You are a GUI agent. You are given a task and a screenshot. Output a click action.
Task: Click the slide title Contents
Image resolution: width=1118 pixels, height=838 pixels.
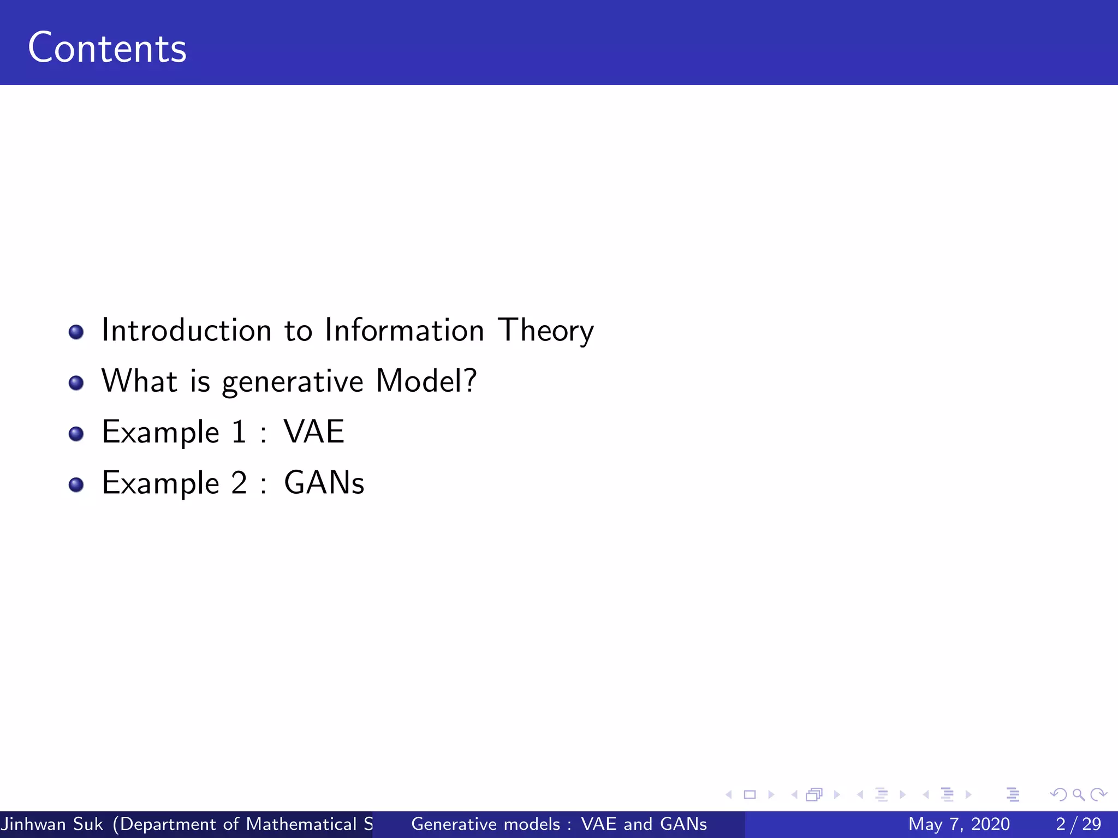(x=107, y=48)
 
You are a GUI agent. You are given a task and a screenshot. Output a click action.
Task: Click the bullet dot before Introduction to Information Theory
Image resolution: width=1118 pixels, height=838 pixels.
(x=76, y=332)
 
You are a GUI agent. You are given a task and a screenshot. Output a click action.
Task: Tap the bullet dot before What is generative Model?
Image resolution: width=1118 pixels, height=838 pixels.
(x=76, y=382)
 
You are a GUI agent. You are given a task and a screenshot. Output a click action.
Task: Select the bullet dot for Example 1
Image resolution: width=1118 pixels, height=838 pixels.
(x=76, y=434)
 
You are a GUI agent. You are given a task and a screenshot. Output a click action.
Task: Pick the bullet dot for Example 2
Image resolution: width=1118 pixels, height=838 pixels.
(x=76, y=484)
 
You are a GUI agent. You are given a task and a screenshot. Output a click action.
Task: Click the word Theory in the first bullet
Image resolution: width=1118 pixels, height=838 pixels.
(x=545, y=331)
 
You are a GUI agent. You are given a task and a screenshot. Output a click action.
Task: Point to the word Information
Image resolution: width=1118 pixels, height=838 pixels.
(x=404, y=330)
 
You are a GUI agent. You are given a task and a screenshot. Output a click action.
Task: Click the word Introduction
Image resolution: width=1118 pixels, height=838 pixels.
(x=186, y=330)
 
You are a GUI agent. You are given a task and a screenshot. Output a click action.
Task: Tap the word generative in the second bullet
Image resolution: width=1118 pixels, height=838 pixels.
(x=292, y=381)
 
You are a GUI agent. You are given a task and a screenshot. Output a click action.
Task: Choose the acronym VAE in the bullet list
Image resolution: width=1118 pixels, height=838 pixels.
(x=314, y=432)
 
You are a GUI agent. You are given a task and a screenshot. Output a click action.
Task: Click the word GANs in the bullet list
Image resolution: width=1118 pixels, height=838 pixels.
(x=324, y=483)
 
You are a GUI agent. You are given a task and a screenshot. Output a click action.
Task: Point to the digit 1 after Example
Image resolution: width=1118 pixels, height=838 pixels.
(x=239, y=432)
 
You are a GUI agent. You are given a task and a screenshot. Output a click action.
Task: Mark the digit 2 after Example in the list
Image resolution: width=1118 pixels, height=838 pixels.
(x=239, y=483)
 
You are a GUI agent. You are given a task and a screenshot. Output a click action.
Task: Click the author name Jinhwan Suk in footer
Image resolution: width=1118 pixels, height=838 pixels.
(x=52, y=824)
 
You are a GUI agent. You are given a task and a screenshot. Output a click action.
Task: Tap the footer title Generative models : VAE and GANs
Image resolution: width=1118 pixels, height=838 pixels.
(x=558, y=824)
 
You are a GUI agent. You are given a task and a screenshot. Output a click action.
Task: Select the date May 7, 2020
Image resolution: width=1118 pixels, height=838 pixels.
(x=959, y=824)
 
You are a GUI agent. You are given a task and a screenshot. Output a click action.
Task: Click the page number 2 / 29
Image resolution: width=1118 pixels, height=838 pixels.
(x=1078, y=824)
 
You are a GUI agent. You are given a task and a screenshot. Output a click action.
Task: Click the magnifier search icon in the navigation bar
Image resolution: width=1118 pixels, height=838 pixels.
(x=1078, y=794)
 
